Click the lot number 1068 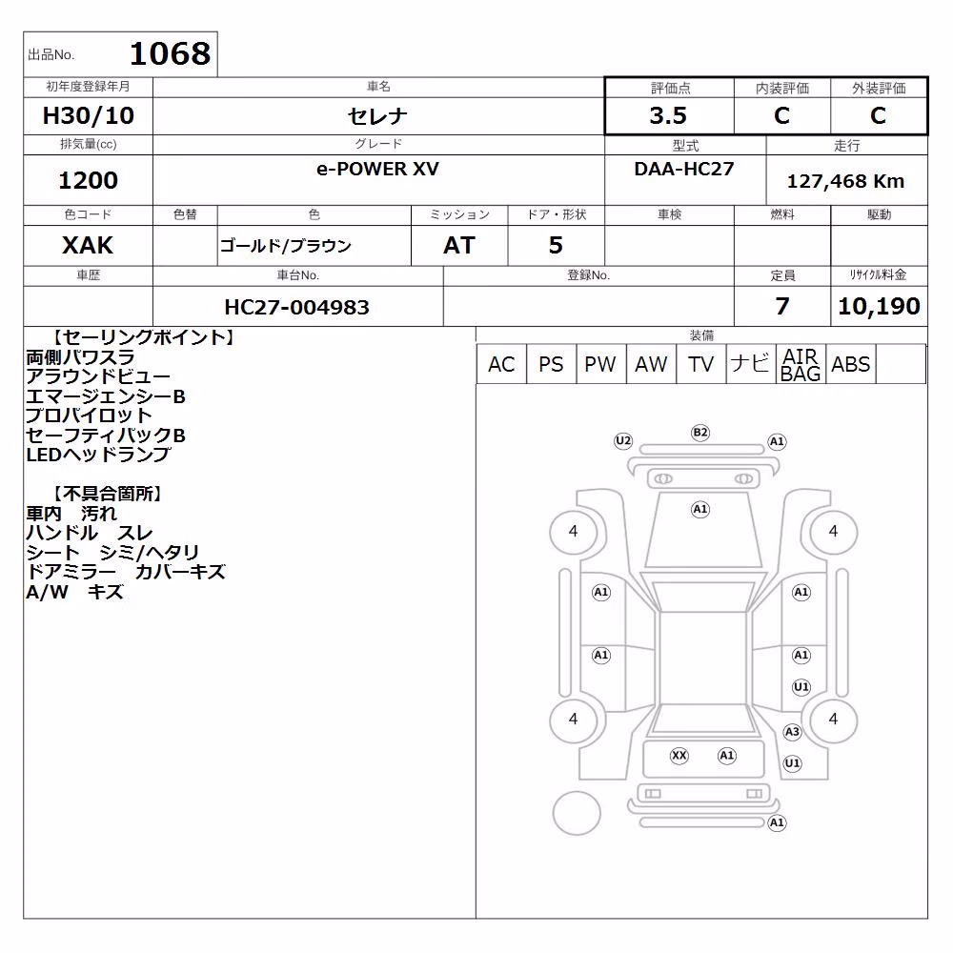pos(171,54)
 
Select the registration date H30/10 pos(88,115)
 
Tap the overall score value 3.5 pos(668,115)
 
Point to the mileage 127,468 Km pos(845,181)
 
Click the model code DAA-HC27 pos(683,169)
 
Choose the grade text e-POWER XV pos(377,169)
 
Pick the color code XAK pos(88,245)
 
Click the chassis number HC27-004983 pos(296,307)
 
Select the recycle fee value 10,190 pos(879,306)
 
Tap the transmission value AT pos(459,245)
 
